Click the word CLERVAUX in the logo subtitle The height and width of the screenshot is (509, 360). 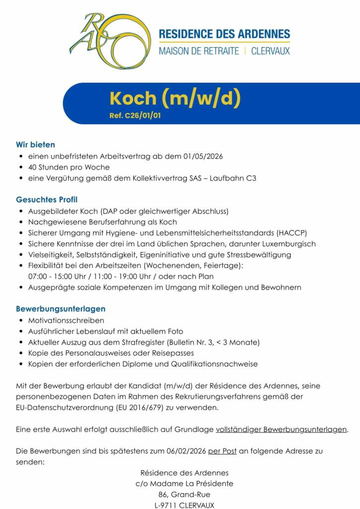click(270, 51)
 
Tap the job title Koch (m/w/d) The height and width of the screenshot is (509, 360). click(176, 98)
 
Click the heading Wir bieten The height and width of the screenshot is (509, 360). click(35, 145)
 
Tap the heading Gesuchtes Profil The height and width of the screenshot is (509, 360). click(47, 200)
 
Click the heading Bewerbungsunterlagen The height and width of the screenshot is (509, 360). click(61, 309)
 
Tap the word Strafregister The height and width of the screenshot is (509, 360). click(143, 342)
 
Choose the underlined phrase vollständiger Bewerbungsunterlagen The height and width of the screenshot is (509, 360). click(281, 429)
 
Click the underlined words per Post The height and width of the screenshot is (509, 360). click(222, 451)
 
